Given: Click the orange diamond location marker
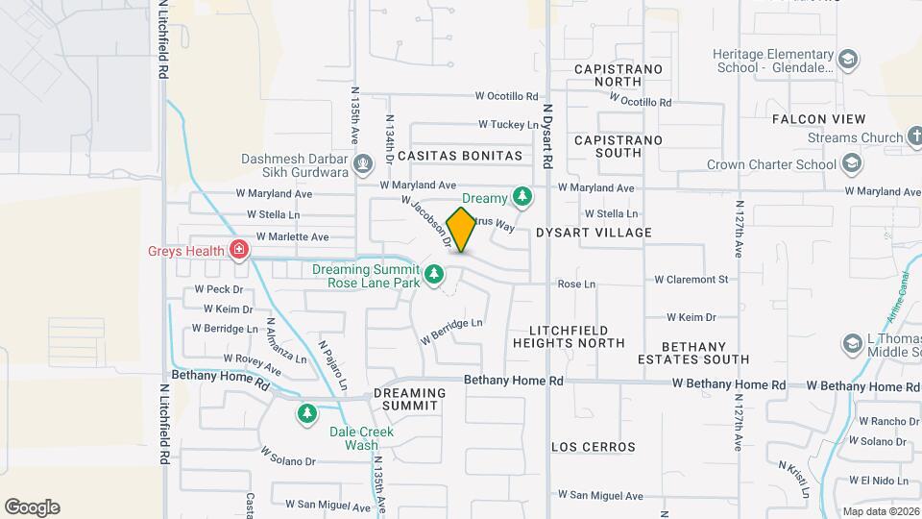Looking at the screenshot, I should (462, 230).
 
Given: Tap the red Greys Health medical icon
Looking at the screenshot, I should (240, 252).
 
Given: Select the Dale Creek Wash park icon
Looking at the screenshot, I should (306, 414).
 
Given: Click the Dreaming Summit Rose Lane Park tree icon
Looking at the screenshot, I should (434, 276).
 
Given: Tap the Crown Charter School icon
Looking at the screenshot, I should (850, 164).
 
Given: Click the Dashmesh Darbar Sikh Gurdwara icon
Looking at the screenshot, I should (363, 164).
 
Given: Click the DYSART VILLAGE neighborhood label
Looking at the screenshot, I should (594, 233).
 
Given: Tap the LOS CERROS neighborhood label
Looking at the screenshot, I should (594, 447).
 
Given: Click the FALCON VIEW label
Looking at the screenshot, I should (818, 119).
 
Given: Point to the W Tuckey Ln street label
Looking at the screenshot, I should (509, 125).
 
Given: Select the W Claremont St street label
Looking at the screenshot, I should (691, 280).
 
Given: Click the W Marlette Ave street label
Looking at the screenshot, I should (289, 236).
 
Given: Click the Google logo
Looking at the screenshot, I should (33, 507).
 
